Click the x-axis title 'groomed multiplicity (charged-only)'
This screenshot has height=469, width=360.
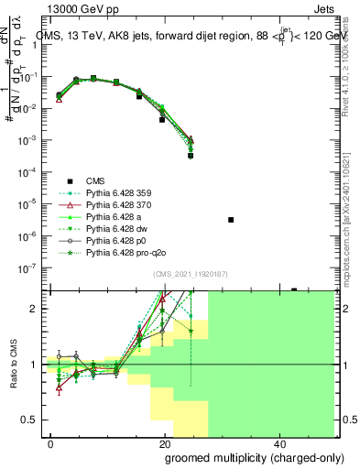click(x=242, y=457)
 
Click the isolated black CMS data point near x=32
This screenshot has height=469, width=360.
click(x=231, y=220)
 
